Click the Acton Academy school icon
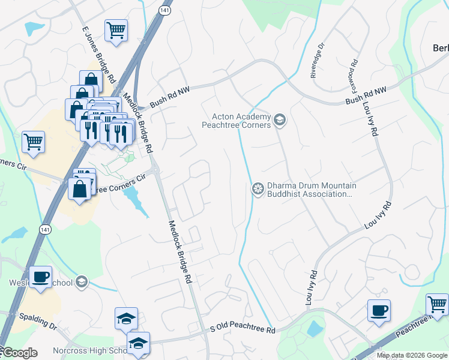tap(279, 121)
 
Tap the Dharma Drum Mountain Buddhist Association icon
tap(258, 189)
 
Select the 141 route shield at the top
tap(164, 10)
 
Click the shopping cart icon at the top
tap(116, 29)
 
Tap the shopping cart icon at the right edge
tap(437, 304)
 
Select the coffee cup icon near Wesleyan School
tap(40, 277)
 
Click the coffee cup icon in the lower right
tap(379, 311)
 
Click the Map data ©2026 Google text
tap(412, 355)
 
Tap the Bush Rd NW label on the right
tap(367, 97)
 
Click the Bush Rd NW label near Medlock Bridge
tap(170, 96)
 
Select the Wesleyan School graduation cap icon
tap(82, 282)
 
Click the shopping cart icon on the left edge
tap(33, 142)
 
